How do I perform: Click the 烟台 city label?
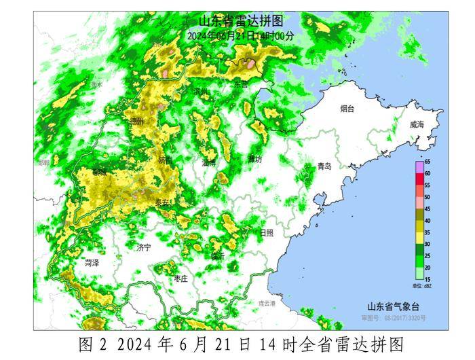tap(347, 108)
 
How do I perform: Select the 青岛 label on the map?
tap(324, 166)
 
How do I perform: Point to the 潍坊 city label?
tap(254, 159)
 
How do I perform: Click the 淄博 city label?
tap(208, 163)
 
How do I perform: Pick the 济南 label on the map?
tap(165, 160)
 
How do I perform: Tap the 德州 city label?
tap(137, 121)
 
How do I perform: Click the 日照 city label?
tap(266, 232)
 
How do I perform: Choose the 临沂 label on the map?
tap(218, 255)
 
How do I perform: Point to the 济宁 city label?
tap(143, 249)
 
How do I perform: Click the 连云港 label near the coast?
tap(267, 303)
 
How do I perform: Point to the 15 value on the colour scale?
tap(427, 278)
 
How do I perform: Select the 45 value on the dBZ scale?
tap(427, 209)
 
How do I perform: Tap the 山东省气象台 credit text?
tap(393, 306)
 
